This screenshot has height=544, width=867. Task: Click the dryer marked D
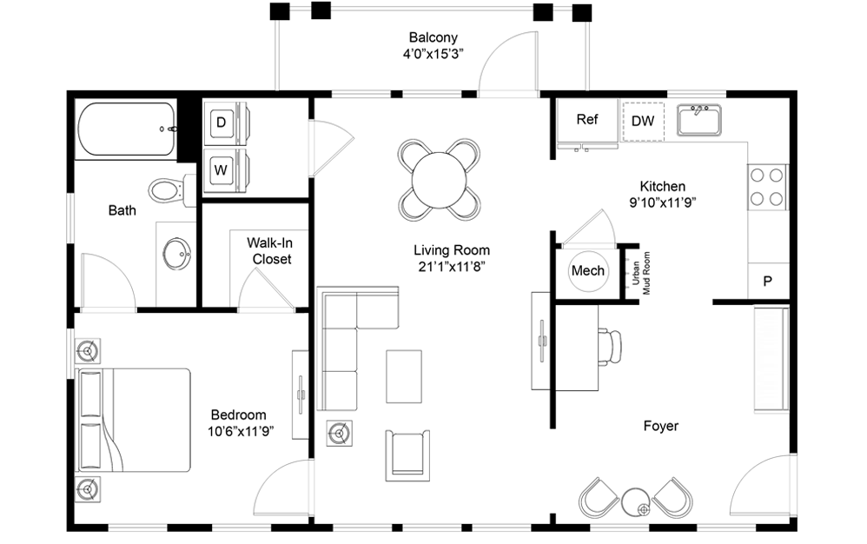coord(222,123)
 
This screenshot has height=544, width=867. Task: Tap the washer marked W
coord(222,169)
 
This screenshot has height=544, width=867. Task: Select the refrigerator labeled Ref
coord(587,121)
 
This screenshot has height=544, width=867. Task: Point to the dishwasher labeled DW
coord(643,121)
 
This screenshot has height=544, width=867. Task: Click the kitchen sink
coord(699,121)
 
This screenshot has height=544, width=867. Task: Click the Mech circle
coord(587,271)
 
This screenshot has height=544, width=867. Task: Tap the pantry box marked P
coord(768,282)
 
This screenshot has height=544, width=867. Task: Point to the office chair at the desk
coord(610,346)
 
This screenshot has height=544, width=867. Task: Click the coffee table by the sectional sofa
coord(404,375)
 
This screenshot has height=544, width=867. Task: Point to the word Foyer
coord(660,426)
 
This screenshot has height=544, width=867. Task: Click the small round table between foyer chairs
coord(635,502)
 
